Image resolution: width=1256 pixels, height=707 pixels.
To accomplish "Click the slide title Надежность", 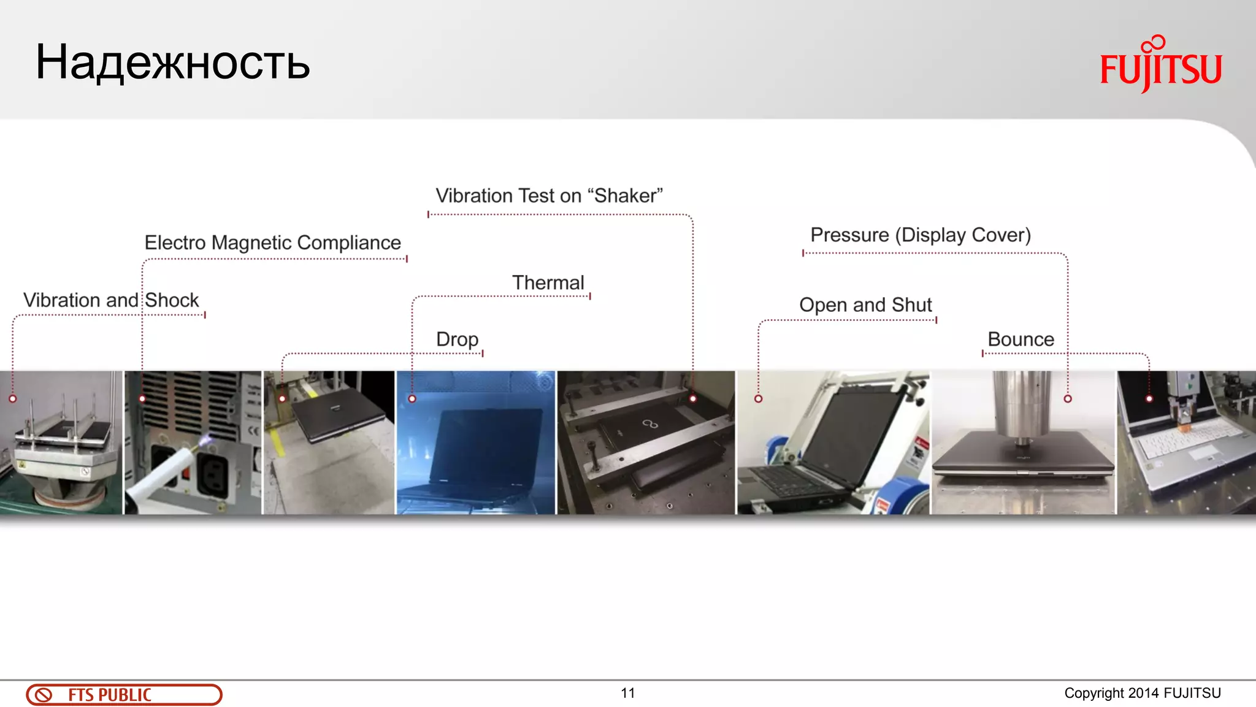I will (x=172, y=63).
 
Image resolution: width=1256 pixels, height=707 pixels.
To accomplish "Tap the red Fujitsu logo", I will (x=1160, y=65).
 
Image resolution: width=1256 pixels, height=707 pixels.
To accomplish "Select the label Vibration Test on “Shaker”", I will (x=549, y=196).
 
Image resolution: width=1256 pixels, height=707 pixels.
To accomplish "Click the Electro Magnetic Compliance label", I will (x=272, y=242).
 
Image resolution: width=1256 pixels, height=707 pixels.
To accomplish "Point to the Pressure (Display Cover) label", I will (x=920, y=235).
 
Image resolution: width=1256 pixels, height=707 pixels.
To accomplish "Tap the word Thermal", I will (x=548, y=283).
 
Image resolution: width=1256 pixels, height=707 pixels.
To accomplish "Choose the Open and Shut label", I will (x=865, y=305).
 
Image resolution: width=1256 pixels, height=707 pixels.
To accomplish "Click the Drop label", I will (x=457, y=339).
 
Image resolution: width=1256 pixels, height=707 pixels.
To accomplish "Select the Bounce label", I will (x=1020, y=339).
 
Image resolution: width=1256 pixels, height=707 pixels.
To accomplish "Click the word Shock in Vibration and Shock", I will (x=172, y=300).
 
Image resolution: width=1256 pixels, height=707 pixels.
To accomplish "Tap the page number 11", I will (x=627, y=693).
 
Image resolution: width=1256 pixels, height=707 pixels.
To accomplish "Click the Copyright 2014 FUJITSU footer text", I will (x=1142, y=693).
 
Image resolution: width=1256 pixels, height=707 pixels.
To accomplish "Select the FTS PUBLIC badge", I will (x=124, y=695).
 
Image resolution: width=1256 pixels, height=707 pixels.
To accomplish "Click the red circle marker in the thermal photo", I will (x=412, y=399).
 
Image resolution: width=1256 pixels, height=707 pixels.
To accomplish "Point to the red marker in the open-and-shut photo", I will (x=759, y=399).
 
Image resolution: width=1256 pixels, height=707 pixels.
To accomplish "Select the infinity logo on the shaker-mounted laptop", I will (x=650, y=423).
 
